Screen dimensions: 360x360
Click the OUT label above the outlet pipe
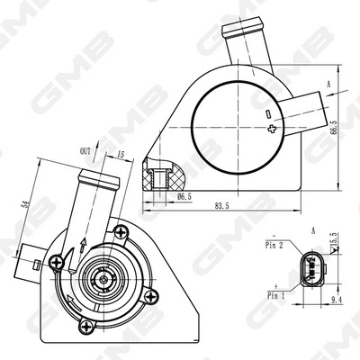85,152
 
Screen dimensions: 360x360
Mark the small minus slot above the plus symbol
267,113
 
